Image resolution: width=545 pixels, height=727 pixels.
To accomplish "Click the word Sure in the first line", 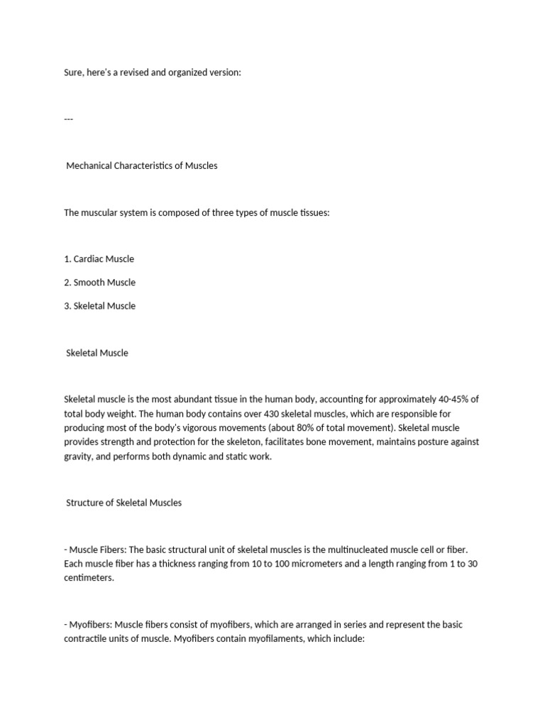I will (75, 72).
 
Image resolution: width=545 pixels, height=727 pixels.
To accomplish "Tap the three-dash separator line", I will (69, 119).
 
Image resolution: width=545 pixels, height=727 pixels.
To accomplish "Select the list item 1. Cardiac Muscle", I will (99, 258).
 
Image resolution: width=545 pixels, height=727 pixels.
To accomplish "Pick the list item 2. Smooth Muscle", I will (99, 282).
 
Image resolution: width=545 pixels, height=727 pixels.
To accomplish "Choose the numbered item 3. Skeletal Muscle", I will (99, 306).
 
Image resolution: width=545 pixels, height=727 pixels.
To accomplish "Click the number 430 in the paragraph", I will (246, 413).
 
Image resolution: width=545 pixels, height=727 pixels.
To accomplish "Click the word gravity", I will (79, 456).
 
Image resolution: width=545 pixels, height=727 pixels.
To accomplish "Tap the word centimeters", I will (89, 578).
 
